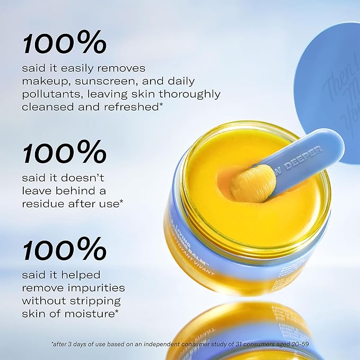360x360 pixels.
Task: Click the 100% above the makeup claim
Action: [64, 43]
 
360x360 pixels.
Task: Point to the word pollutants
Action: [52, 94]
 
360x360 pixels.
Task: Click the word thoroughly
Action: [190, 94]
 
